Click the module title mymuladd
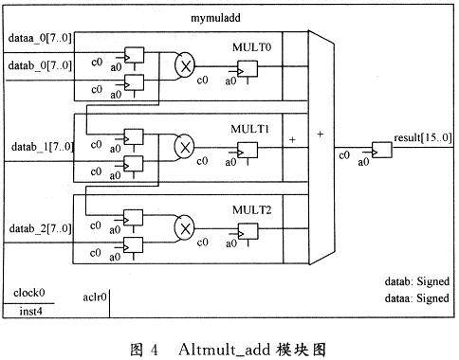[x=215, y=18]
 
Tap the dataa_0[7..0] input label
[x=40, y=38]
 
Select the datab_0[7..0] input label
[x=40, y=65]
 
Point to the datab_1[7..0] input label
[x=43, y=147]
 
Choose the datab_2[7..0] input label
[x=41, y=228]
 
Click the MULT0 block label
[x=251, y=47]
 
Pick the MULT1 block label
[x=249, y=129]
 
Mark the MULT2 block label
[x=251, y=210]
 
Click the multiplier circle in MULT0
[x=185, y=64]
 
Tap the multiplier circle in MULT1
[x=184, y=146]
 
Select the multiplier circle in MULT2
[x=184, y=227]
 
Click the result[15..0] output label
[x=423, y=137]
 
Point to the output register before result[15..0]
[x=382, y=151]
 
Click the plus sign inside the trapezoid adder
[x=321, y=135]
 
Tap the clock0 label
[x=29, y=293]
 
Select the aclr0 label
[x=95, y=297]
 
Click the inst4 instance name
[x=30, y=312]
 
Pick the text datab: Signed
[x=417, y=281]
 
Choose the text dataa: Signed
[x=417, y=298]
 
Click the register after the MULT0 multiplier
[x=248, y=69]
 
